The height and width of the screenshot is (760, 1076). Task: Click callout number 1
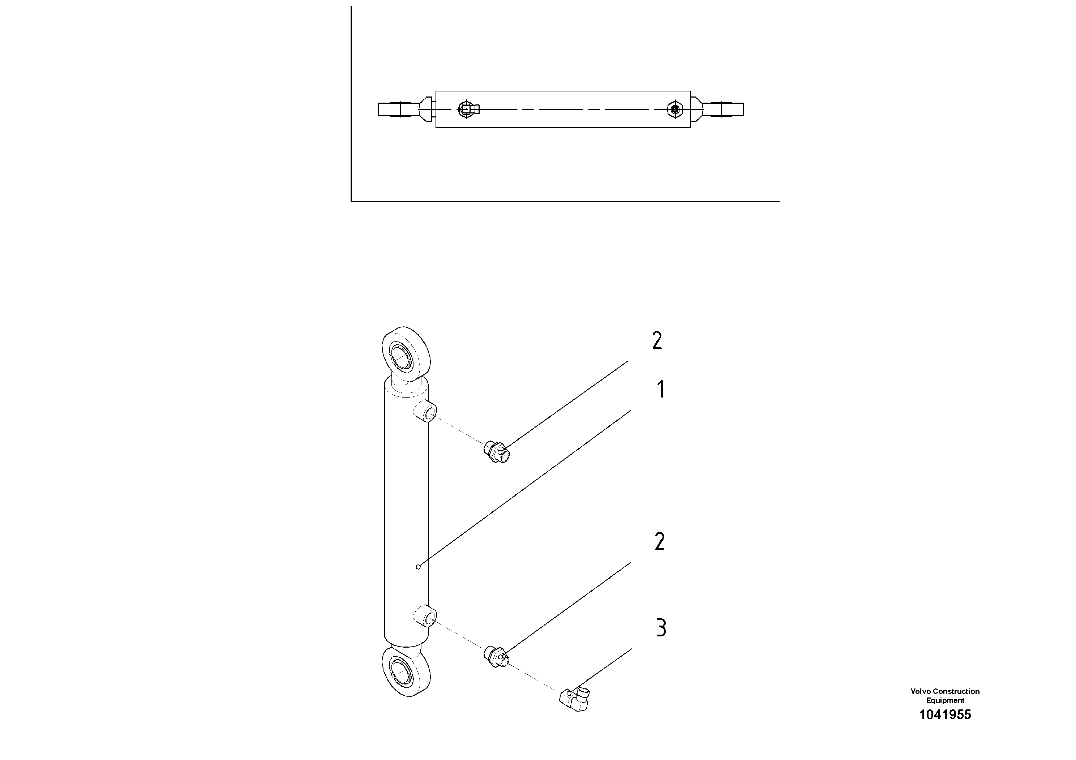(661, 389)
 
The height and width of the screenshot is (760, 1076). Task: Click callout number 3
(661, 628)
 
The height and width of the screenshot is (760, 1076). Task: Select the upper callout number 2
(657, 341)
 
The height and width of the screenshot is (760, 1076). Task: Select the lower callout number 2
(659, 542)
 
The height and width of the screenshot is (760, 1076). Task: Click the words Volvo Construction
(945, 691)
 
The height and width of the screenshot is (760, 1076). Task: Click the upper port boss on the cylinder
(425, 411)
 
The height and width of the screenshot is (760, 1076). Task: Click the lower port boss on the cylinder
(425, 616)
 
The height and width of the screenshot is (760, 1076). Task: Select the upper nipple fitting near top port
(496, 451)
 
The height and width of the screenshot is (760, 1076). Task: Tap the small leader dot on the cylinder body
(419, 567)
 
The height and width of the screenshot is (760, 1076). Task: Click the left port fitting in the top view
(467, 110)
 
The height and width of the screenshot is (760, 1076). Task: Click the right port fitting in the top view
(675, 110)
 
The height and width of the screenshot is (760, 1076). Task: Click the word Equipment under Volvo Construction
(945, 700)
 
